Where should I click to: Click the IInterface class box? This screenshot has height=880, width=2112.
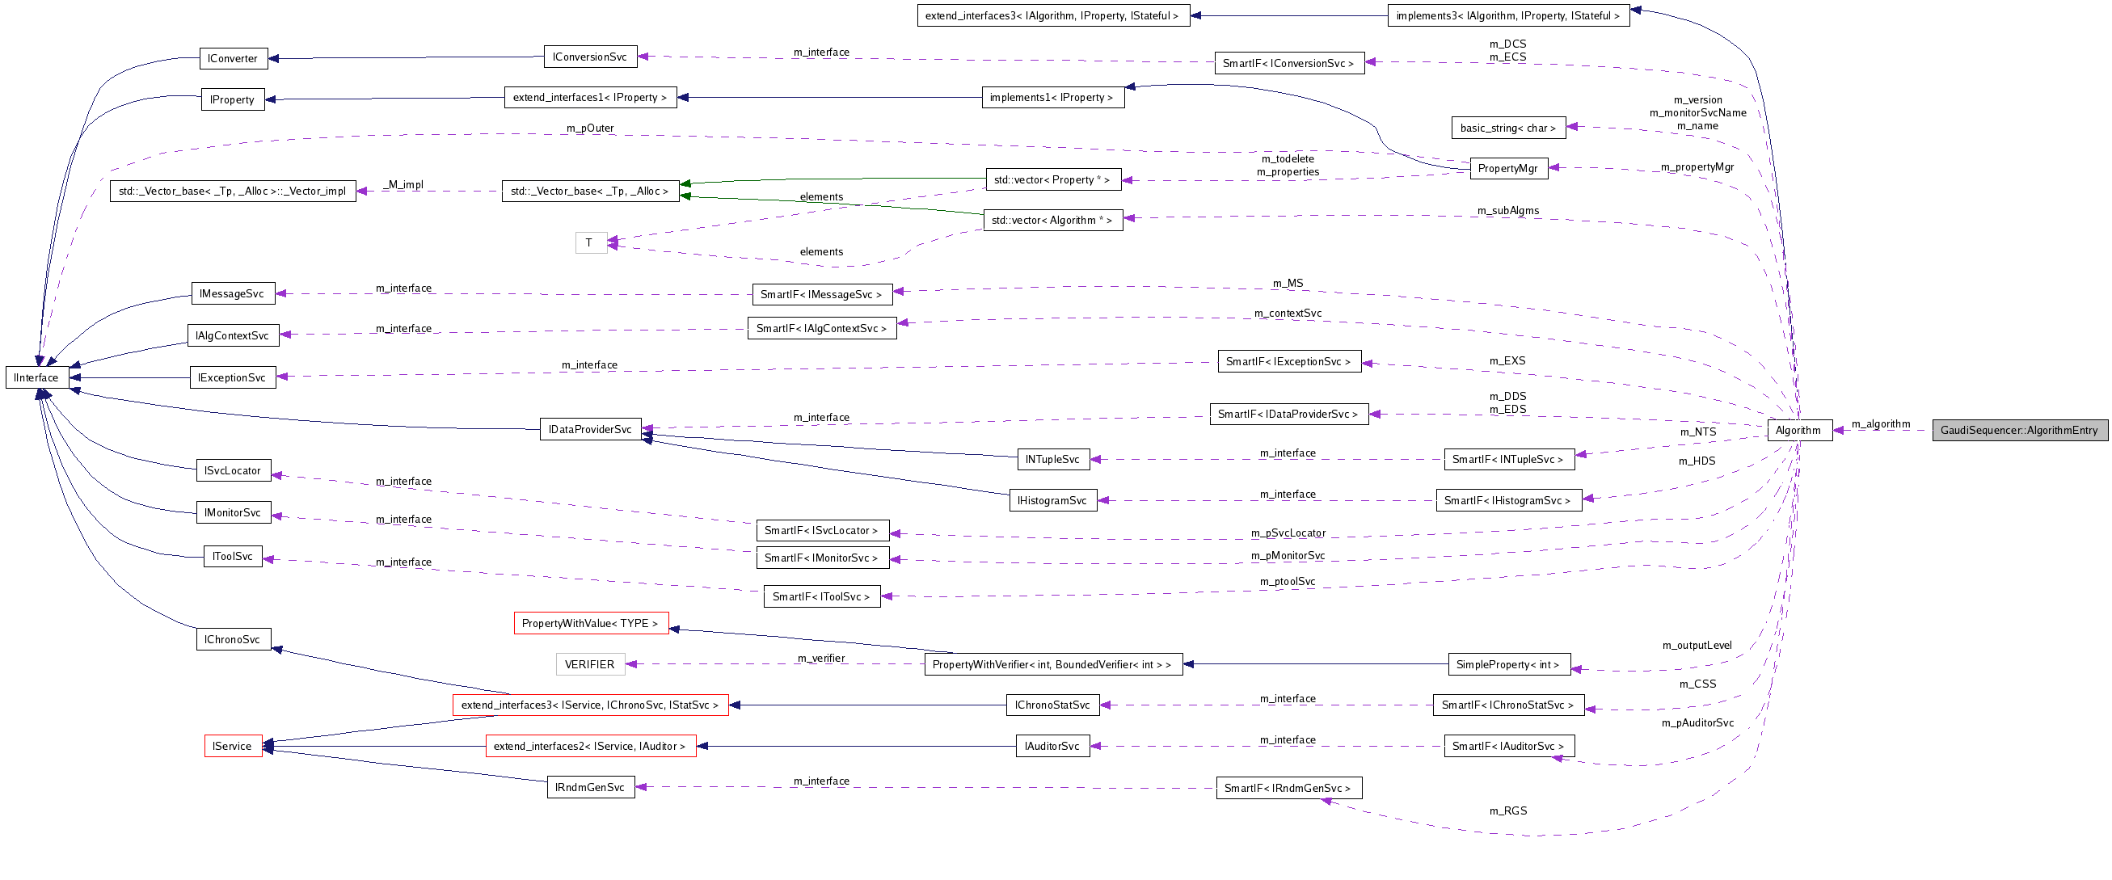[x=37, y=377]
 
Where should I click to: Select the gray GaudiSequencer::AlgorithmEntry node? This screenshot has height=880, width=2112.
[x=2019, y=430]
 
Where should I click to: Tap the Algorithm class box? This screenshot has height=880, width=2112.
[x=1799, y=430]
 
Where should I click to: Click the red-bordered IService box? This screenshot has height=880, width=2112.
[x=233, y=747]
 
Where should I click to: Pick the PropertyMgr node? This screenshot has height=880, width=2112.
[x=1507, y=168]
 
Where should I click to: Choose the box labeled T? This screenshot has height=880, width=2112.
[x=590, y=242]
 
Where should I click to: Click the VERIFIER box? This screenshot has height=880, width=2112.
[x=589, y=664]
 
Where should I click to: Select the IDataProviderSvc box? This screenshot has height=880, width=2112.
[x=590, y=429]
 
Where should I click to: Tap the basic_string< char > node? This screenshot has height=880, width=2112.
[x=1507, y=128]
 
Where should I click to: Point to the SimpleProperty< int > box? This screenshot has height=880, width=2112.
[x=1508, y=664]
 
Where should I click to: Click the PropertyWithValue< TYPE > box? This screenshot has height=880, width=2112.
[x=590, y=624]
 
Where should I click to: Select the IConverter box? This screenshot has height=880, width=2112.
[x=233, y=58]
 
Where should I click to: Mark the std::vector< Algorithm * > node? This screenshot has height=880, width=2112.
[x=1052, y=220]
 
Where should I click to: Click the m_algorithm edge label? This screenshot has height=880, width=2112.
[x=1881, y=423]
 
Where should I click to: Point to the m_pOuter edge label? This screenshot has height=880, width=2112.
[x=589, y=128]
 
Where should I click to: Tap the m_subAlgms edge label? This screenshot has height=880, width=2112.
[x=1507, y=211]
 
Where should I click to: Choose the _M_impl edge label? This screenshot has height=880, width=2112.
[x=403, y=184]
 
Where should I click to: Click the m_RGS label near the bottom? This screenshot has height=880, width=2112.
[x=1507, y=811]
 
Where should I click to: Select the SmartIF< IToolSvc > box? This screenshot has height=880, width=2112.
[x=821, y=596]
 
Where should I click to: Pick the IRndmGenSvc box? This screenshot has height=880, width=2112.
[x=590, y=787]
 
